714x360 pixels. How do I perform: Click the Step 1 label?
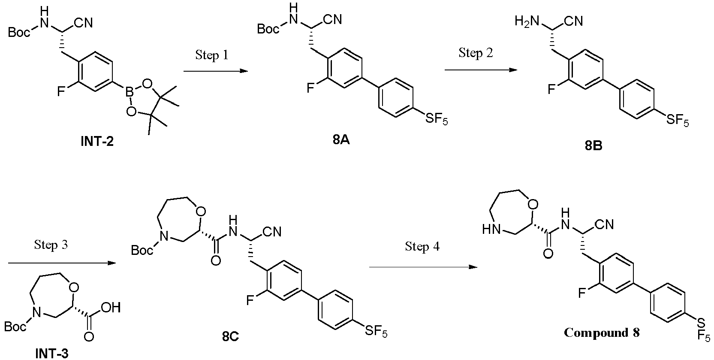212,55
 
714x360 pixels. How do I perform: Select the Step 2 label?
476,53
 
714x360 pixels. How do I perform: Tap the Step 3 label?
51,245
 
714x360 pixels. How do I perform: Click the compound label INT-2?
97,141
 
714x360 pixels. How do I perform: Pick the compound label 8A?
341,140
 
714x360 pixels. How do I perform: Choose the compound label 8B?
593,146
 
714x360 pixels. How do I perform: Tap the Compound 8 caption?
602,333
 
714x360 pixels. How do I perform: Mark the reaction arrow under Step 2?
480,69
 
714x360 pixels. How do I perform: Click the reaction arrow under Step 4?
423,267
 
